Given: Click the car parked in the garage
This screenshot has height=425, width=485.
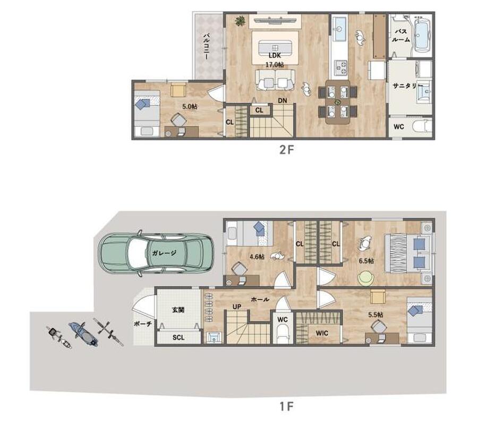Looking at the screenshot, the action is [x=156, y=253].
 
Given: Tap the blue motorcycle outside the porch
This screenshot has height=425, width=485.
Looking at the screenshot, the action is [x=83, y=334].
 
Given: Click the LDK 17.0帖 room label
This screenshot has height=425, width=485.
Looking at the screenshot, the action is [x=275, y=60].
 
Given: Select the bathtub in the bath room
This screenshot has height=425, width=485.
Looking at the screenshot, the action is [x=422, y=33].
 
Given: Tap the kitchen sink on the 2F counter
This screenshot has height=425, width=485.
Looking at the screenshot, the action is [x=339, y=29].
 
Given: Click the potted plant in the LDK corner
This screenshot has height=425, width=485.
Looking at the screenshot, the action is [x=240, y=21].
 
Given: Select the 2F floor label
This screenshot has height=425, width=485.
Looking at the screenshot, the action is [x=286, y=150].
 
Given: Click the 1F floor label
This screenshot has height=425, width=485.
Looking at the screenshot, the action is [x=286, y=406].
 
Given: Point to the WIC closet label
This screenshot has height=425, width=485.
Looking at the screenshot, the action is [x=322, y=333].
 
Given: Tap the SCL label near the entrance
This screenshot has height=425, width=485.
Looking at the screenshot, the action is [x=178, y=337].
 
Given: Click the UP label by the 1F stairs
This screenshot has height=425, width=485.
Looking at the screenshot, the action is [x=237, y=307].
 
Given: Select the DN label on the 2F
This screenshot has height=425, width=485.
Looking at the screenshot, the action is [x=283, y=100].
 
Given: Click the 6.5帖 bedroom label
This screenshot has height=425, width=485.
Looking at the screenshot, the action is [x=366, y=261].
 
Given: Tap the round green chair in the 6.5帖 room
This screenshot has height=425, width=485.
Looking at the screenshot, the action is [x=366, y=278].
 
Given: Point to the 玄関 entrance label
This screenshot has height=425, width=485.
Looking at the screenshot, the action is [x=178, y=309].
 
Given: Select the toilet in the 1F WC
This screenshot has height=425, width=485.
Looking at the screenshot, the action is [x=282, y=336].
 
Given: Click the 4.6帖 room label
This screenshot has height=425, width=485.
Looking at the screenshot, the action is [x=257, y=257].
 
